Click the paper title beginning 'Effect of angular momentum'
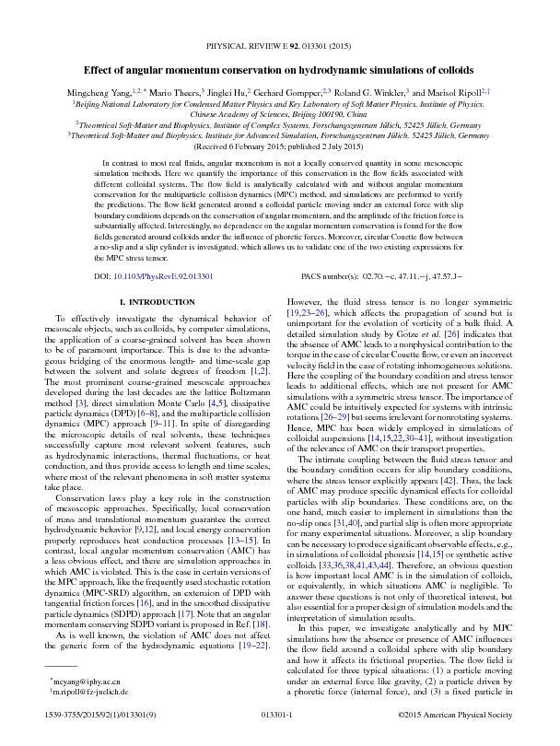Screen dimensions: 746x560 [279, 70]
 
